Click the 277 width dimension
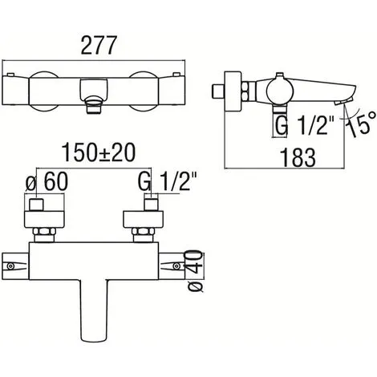[99, 46]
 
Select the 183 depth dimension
[298, 158]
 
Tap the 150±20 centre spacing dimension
[99, 152]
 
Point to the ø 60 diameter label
[47, 181]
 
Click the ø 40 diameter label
[195, 270]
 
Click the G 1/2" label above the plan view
[168, 181]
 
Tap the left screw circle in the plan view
[10, 266]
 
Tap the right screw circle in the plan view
[176, 266]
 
